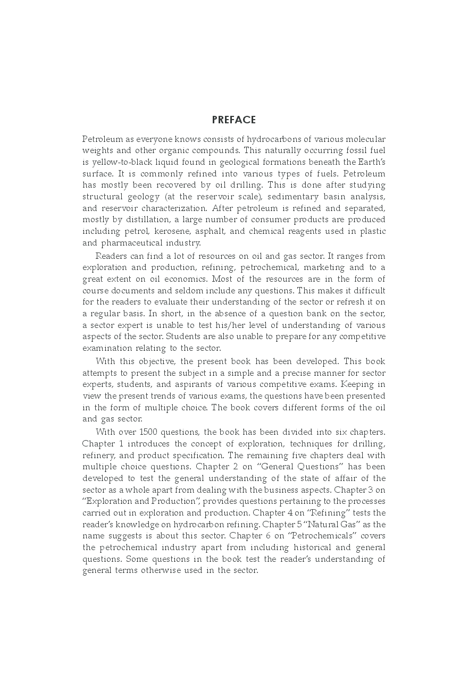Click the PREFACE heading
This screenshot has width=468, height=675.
[234, 120]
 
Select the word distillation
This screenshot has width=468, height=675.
[140, 220]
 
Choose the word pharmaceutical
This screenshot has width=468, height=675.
[133, 243]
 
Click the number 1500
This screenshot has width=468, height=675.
[151, 432]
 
